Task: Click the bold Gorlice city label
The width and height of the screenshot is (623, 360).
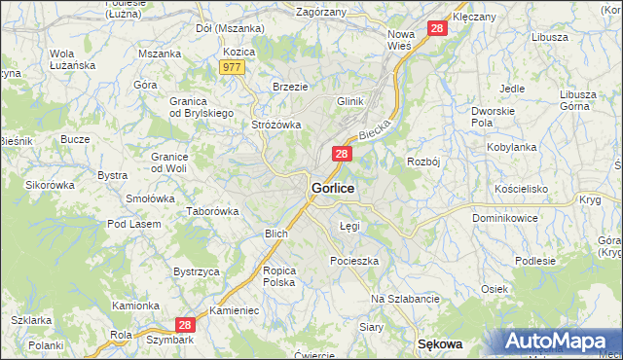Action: pyautogui.click(x=333, y=187)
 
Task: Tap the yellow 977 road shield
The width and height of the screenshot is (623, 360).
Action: pyautogui.click(x=232, y=67)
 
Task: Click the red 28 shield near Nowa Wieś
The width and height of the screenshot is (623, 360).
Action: pyautogui.click(x=437, y=29)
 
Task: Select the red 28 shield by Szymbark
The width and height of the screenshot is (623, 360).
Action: pyautogui.click(x=187, y=325)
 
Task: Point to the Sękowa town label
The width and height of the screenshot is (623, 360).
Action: pyautogui.click(x=439, y=344)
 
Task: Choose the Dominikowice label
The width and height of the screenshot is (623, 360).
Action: pyautogui.click(x=505, y=218)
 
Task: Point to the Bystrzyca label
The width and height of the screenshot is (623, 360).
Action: pyautogui.click(x=196, y=271)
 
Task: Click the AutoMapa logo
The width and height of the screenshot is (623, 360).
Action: pyautogui.click(x=559, y=342)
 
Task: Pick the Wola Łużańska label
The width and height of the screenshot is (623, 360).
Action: pyautogui.click(x=62, y=59)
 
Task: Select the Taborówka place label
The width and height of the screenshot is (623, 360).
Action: pyautogui.click(x=213, y=210)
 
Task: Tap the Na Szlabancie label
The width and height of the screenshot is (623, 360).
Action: pyautogui.click(x=405, y=299)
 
